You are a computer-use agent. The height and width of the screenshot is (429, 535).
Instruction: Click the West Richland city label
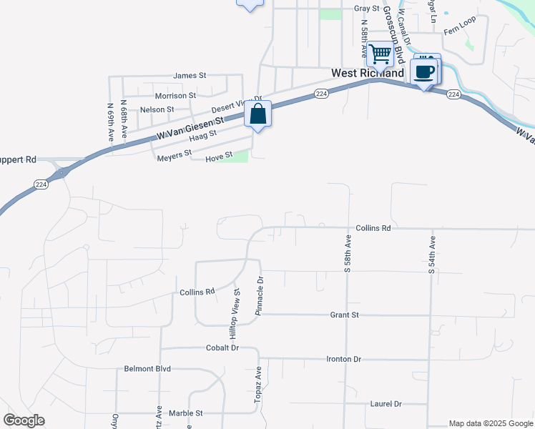(x=368, y=74)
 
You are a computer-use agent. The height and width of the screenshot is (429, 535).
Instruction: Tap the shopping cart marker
(x=381, y=53)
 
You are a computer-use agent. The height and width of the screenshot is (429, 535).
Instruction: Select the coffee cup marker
(x=425, y=71)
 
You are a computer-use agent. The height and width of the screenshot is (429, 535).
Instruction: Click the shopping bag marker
(x=257, y=114)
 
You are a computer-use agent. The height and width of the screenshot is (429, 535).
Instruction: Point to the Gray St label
(x=366, y=9)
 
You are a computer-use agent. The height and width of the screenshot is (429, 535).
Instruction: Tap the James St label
(x=190, y=75)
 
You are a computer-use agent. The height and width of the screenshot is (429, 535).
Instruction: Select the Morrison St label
(x=175, y=95)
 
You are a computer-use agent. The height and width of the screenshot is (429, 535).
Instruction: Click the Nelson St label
(x=157, y=109)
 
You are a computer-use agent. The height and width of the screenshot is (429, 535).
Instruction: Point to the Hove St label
(x=220, y=155)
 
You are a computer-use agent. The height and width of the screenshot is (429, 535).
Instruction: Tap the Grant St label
(x=344, y=315)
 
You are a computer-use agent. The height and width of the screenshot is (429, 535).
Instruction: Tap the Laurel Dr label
(x=386, y=404)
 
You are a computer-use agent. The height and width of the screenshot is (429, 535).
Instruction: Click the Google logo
(x=24, y=420)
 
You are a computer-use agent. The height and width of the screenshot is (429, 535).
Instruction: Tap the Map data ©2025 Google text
(x=490, y=423)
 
